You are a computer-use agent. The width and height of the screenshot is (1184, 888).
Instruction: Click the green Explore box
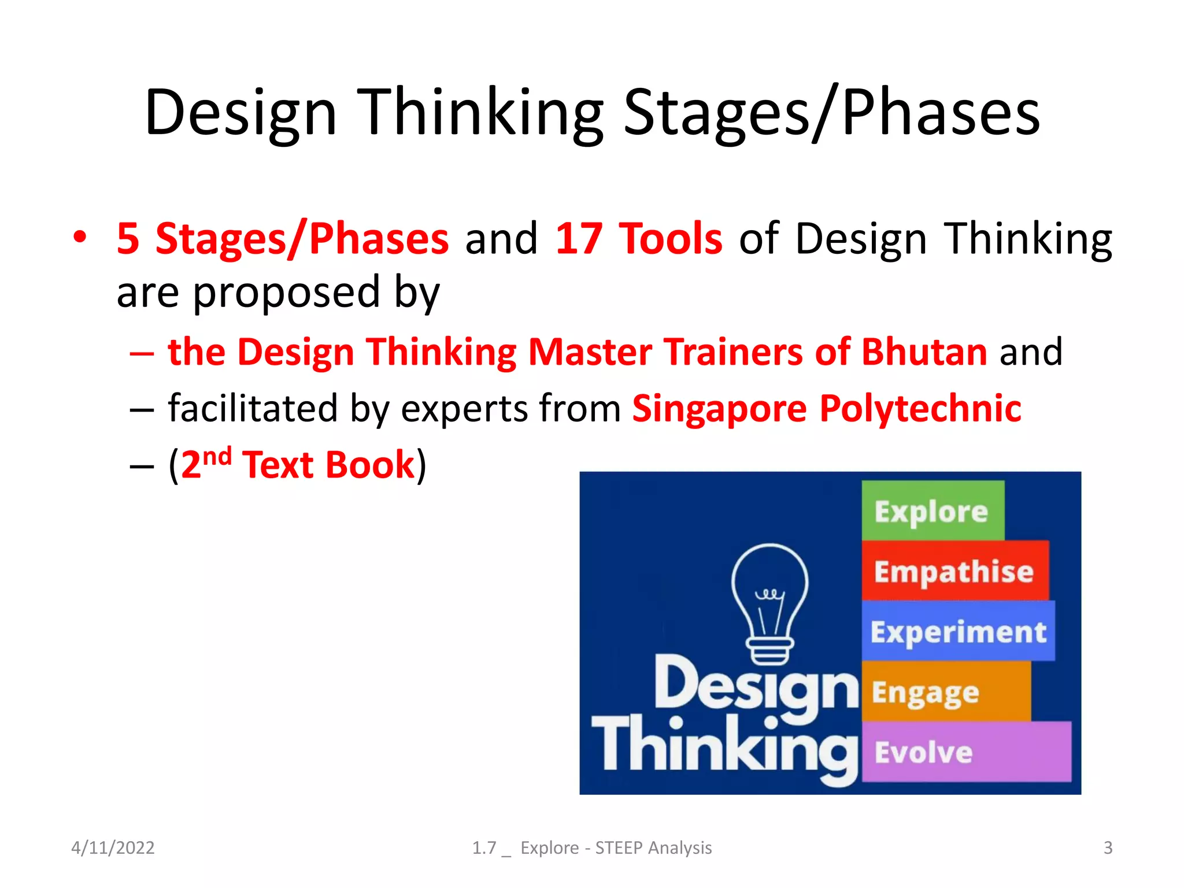(x=932, y=511)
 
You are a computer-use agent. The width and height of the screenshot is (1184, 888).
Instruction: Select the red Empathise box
(x=954, y=571)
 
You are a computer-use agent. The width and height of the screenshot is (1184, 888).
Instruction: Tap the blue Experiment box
(x=958, y=631)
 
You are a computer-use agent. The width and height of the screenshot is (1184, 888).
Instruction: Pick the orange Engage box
(x=946, y=692)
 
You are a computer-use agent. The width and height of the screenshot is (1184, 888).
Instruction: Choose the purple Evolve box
(x=965, y=752)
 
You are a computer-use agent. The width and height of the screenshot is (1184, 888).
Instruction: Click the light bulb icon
(x=769, y=604)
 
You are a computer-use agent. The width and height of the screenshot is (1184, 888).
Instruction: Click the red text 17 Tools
(x=638, y=239)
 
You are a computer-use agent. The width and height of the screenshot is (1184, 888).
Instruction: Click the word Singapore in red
(x=719, y=408)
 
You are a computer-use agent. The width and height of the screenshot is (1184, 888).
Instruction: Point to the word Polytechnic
(x=920, y=408)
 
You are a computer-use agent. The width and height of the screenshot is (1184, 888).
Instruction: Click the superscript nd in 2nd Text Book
(x=217, y=457)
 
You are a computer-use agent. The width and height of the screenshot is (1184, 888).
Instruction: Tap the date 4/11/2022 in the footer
(x=113, y=848)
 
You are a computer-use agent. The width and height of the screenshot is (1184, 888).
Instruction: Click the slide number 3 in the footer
(x=1108, y=848)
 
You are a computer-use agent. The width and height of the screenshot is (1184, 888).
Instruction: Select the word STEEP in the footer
(x=619, y=848)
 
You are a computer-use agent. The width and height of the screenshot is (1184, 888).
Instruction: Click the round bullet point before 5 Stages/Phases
(x=80, y=237)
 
